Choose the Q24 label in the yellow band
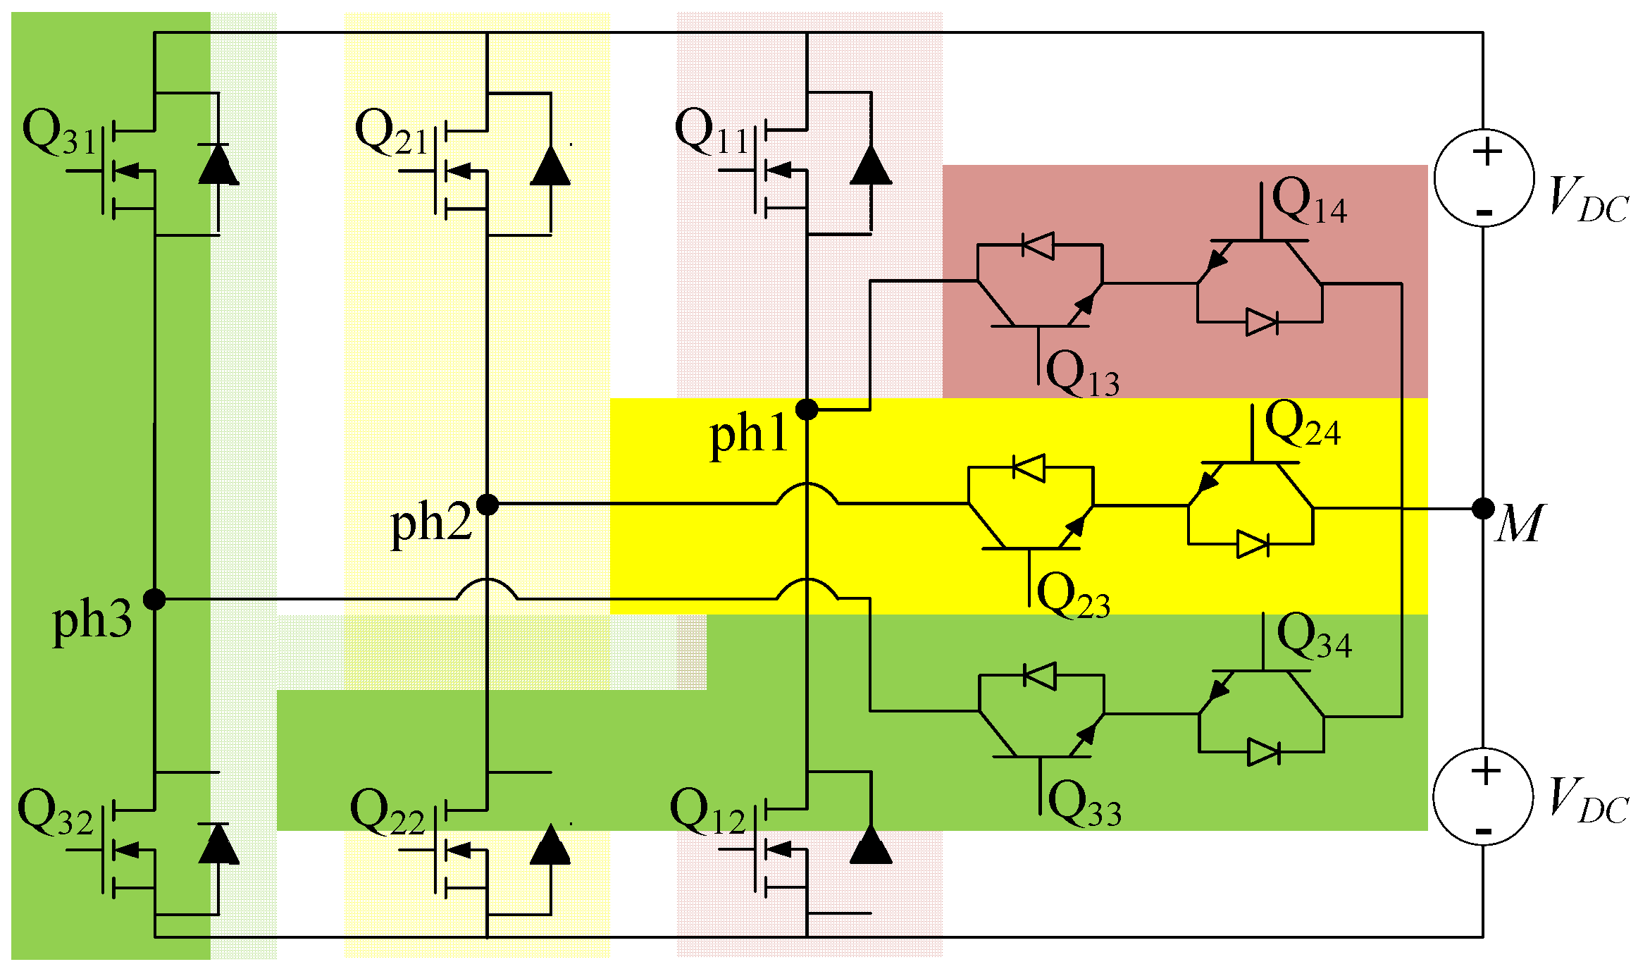(1302, 425)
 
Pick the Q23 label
(1074, 596)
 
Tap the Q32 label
(55, 814)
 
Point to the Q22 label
(387, 814)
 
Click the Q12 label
(707, 814)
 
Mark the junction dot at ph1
(807, 409)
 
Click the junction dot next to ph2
(488, 505)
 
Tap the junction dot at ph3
(154, 600)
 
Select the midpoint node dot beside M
(1483, 508)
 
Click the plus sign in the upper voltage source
(1487, 152)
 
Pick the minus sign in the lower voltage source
(1483, 832)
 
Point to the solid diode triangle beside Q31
(218, 166)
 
